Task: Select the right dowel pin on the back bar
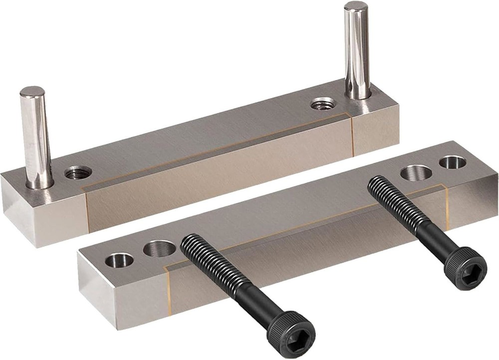[x=357, y=50]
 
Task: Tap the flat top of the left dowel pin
[x=32, y=92]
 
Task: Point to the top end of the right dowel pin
[x=355, y=6]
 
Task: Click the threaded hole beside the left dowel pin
[x=78, y=173]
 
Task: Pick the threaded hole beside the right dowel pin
[x=322, y=104]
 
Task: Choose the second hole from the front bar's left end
[x=159, y=248]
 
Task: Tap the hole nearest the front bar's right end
[x=453, y=162]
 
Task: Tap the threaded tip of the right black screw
[x=375, y=184]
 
